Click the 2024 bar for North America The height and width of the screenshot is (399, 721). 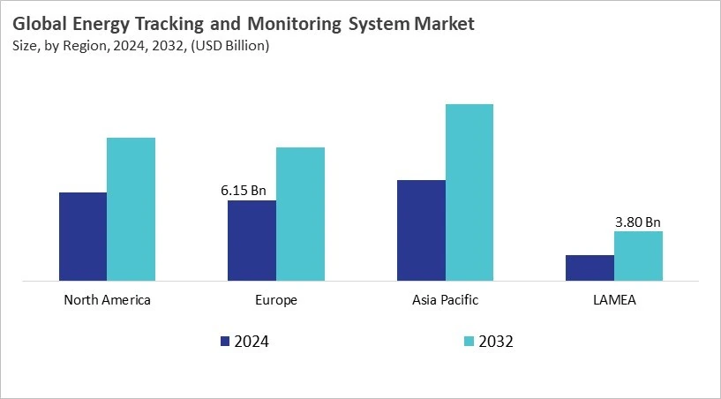(x=83, y=237)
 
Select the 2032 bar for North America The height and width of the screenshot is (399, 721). (x=131, y=209)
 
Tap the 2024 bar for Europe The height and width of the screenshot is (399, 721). (x=252, y=240)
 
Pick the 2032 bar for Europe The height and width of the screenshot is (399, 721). (x=300, y=214)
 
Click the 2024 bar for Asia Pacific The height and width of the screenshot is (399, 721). (x=421, y=230)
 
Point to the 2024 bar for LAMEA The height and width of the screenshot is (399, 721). (x=590, y=268)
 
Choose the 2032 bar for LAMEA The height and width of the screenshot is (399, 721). (x=638, y=256)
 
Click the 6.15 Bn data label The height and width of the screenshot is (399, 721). (x=243, y=190)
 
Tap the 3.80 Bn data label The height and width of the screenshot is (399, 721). (x=638, y=222)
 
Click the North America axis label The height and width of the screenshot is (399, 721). (x=107, y=300)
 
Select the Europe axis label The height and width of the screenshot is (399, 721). (x=275, y=300)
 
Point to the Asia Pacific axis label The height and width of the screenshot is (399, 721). (x=445, y=300)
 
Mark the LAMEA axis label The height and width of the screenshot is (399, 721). (x=614, y=300)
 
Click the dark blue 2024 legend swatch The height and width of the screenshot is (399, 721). (x=224, y=341)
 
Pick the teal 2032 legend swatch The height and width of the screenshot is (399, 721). (x=469, y=341)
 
